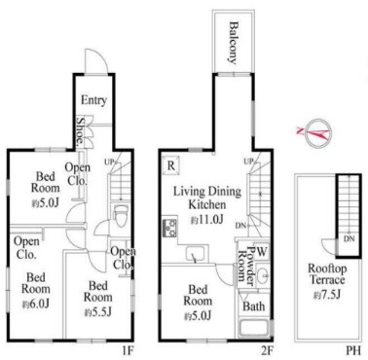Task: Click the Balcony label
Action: pyautogui.click(x=233, y=42)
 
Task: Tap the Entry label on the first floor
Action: pyautogui.click(x=93, y=100)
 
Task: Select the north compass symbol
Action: pyautogui.click(x=318, y=132)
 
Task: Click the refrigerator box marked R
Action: pyautogui.click(x=171, y=165)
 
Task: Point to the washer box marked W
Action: pyautogui.click(x=262, y=251)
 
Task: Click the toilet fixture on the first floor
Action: pyautogui.click(x=122, y=215)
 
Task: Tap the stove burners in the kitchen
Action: pyautogui.click(x=169, y=227)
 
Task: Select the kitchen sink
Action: pyautogui.click(x=196, y=254)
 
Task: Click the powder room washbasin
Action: pyautogui.click(x=264, y=275)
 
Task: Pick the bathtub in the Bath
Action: pyautogui.click(x=254, y=329)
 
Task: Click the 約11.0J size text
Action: pyautogui.click(x=206, y=220)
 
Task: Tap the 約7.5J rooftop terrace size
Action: pyautogui.click(x=326, y=295)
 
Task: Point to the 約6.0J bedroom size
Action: pyautogui.click(x=36, y=305)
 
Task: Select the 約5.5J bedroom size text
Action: pyautogui.click(x=98, y=312)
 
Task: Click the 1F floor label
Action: pyautogui.click(x=127, y=350)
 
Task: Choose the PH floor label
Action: pyautogui.click(x=353, y=350)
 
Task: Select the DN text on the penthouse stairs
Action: pyautogui.click(x=350, y=239)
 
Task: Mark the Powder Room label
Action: pyautogui.click(x=245, y=266)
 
